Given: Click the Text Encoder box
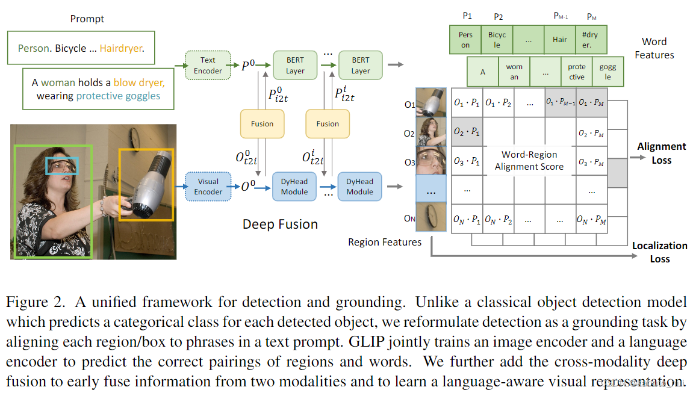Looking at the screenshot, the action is click(208, 66).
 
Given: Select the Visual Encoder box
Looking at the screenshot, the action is click(208, 187).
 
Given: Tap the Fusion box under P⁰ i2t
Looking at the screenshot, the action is click(262, 124).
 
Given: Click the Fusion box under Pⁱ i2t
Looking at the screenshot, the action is click(328, 124).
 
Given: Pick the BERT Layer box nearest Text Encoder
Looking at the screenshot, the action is click(295, 66).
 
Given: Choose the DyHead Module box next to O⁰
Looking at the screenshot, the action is click(294, 187).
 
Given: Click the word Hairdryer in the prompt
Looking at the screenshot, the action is click(122, 48).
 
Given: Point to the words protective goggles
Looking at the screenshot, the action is click(118, 96).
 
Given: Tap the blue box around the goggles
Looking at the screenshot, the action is click(63, 166).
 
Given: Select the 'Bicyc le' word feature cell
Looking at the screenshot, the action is click(497, 40).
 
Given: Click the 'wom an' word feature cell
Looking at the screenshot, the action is click(514, 72).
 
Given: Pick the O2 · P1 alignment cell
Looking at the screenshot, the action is click(467, 132).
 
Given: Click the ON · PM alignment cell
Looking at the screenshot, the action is click(591, 219).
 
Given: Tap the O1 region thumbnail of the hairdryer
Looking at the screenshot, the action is click(431, 102).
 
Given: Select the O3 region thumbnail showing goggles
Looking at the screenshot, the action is click(431, 160).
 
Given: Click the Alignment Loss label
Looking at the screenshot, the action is click(661, 153).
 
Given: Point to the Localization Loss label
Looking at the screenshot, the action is click(659, 252).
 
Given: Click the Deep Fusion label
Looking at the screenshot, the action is click(280, 224).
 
